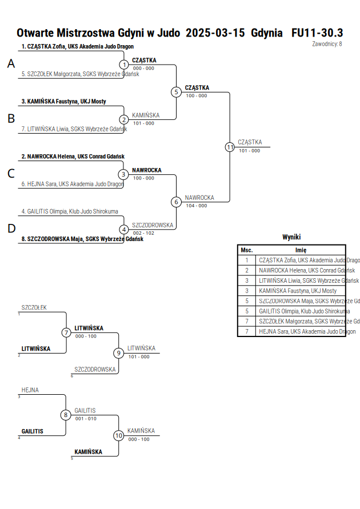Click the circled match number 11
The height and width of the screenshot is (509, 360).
pyautogui.click(x=230, y=147)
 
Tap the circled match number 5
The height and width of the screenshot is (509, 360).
pyautogui.click(x=176, y=92)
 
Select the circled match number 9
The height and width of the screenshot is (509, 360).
pyautogui.click(x=118, y=353)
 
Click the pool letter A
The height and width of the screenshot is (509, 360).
pyautogui.click(x=11, y=63)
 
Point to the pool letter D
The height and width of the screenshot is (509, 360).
pyautogui.click(x=11, y=229)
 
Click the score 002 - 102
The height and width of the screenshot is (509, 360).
pyautogui.click(x=143, y=233)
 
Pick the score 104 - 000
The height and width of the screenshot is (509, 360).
pyautogui.click(x=197, y=206)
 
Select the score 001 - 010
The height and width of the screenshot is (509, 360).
pyautogui.click(x=86, y=419)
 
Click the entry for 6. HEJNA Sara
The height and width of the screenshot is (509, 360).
pyautogui.click(x=73, y=184)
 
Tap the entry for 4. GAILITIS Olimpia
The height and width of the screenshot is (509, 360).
pyautogui.click(x=70, y=211)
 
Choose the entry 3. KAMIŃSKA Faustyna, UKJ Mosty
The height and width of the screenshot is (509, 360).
pyautogui.click(x=63, y=102)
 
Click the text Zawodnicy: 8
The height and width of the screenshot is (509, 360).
pyautogui.click(x=327, y=44)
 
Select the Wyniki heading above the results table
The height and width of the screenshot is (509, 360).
pyautogui.click(x=291, y=237)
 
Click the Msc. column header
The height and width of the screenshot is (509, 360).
pyautogui.click(x=247, y=250)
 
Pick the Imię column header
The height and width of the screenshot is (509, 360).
pyautogui.click(x=301, y=250)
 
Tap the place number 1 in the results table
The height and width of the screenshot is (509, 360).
pyautogui.click(x=247, y=260)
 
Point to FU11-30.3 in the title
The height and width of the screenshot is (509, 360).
pyautogui.click(x=317, y=33)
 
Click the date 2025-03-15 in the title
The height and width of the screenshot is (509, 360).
pyautogui.click(x=215, y=33)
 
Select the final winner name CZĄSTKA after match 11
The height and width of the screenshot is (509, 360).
pyautogui.click(x=250, y=142)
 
